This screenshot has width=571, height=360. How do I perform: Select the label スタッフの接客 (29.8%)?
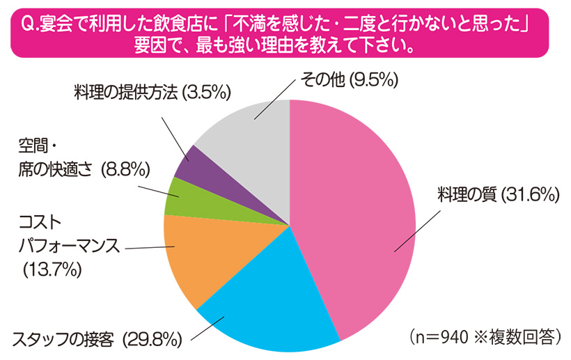click(97, 340)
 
